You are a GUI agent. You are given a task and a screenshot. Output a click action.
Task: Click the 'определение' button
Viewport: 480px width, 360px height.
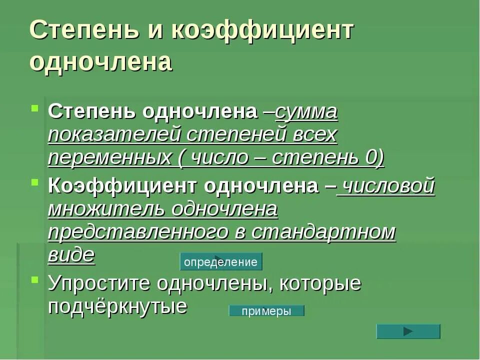tap(220, 262)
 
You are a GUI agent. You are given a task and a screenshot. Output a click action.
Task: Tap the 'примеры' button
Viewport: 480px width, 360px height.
tap(266, 311)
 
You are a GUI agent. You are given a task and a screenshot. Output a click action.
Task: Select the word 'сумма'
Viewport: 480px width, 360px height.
tap(306, 112)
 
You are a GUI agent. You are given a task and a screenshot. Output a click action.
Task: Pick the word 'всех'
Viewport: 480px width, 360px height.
tap(314, 135)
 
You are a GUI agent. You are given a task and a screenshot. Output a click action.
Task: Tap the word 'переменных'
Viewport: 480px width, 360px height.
tap(108, 158)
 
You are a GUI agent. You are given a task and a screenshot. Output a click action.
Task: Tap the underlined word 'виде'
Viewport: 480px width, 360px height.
tap(71, 255)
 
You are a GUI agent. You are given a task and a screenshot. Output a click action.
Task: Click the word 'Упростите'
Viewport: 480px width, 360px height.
tap(99, 283)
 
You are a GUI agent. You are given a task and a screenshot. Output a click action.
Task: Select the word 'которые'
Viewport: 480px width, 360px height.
tap(320, 283)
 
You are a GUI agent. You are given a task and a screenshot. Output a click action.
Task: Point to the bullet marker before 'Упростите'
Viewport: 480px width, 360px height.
tap(35, 279)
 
